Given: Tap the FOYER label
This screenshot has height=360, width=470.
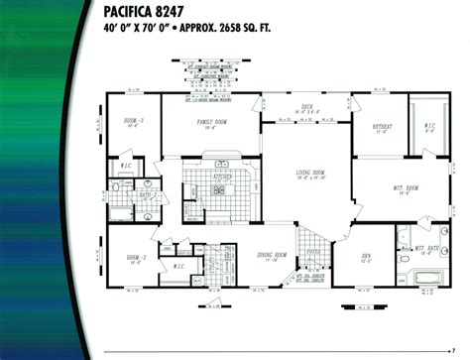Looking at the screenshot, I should (314, 252).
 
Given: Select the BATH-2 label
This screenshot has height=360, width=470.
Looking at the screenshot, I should (146, 195).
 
